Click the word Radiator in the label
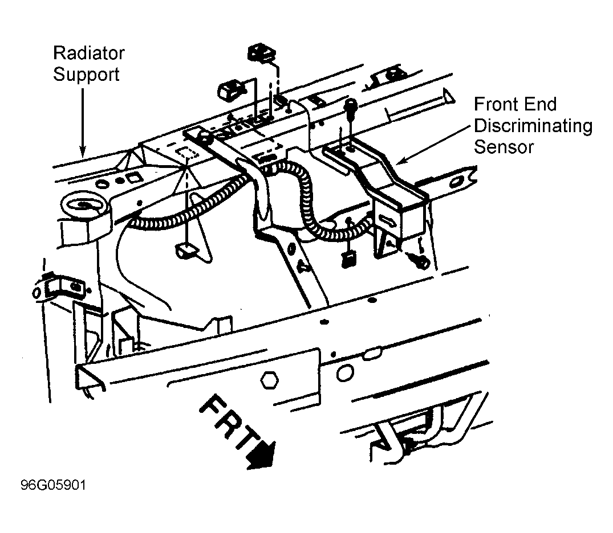(89, 53)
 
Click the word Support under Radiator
(86, 74)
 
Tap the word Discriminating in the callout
(533, 126)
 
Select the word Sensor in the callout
(504, 147)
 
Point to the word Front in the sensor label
(497, 104)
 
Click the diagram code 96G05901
(53, 485)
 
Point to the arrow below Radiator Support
(83, 122)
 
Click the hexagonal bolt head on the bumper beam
(269, 380)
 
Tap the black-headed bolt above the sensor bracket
(350, 106)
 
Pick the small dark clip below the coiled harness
(349, 259)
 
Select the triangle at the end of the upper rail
(448, 96)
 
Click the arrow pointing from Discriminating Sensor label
(432, 145)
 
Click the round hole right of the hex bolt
(345, 374)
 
